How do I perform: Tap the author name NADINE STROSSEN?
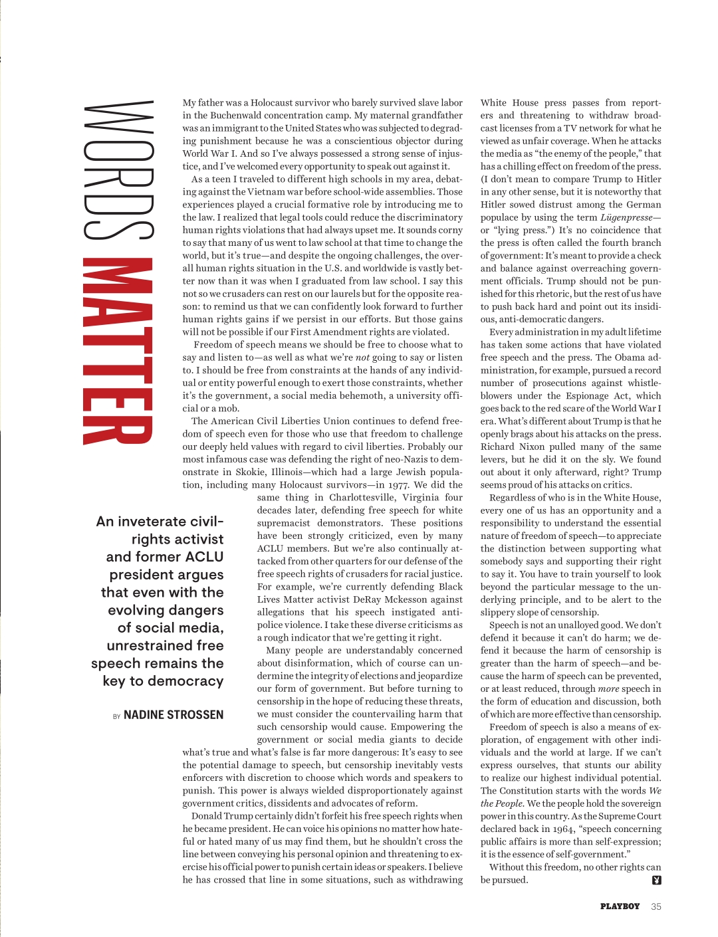tap(174, 715)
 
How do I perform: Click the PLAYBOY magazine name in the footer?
tap(620, 906)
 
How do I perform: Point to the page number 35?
tap(656, 906)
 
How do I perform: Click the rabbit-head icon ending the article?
tap(657, 881)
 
